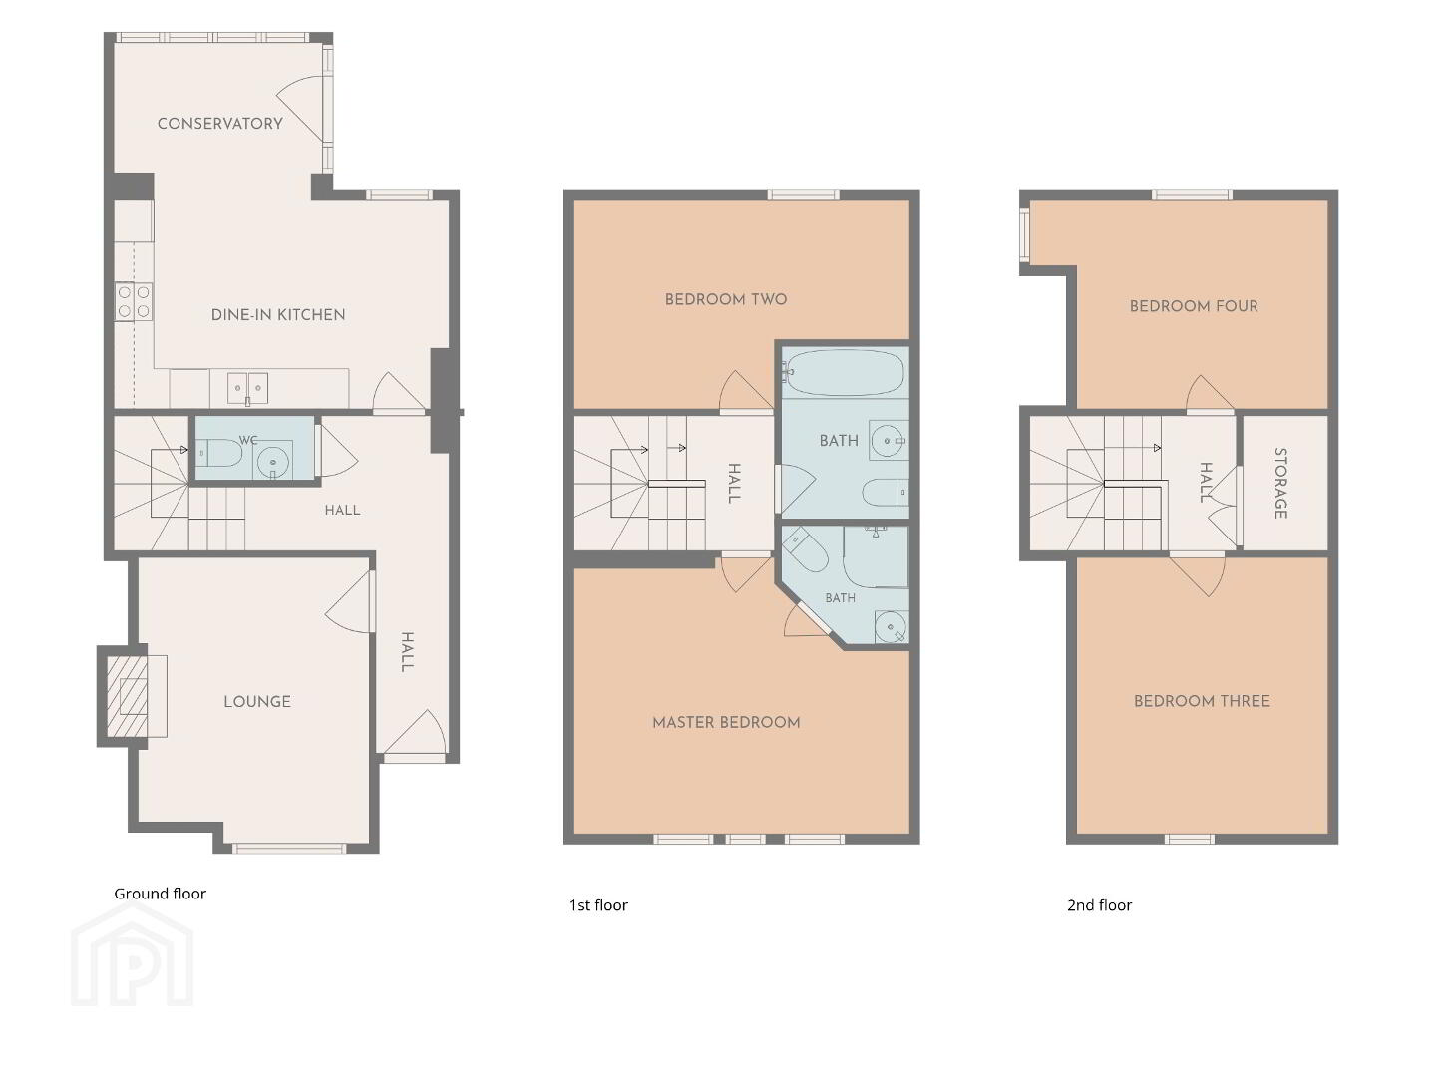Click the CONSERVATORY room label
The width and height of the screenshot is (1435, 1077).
pyautogui.click(x=219, y=123)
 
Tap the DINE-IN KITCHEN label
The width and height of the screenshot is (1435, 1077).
pyautogui.click(x=278, y=314)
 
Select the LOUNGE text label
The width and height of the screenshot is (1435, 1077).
pyautogui.click(x=257, y=701)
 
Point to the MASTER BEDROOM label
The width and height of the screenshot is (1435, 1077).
pyautogui.click(x=726, y=722)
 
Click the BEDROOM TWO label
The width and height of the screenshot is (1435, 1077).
pyautogui.click(x=726, y=299)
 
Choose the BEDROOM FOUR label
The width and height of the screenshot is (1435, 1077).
pyautogui.click(x=1193, y=306)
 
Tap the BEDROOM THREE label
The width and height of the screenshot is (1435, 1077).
pyautogui.click(x=1202, y=701)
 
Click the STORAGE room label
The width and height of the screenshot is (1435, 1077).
pyautogui.click(x=1280, y=483)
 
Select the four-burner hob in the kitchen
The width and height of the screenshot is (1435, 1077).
pyautogui.click(x=134, y=301)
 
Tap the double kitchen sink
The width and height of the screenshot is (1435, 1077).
pyautogui.click(x=247, y=388)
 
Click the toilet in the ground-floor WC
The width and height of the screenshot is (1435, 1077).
pyautogui.click(x=219, y=452)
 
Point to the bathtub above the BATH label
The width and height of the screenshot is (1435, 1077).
pyautogui.click(x=844, y=372)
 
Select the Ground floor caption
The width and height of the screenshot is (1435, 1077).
pyautogui.click(x=160, y=894)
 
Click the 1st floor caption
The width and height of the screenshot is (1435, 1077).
pyautogui.click(x=598, y=905)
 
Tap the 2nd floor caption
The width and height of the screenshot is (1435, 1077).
pyautogui.click(x=1099, y=905)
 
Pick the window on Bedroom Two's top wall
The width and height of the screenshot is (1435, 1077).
pyautogui.click(x=803, y=194)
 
